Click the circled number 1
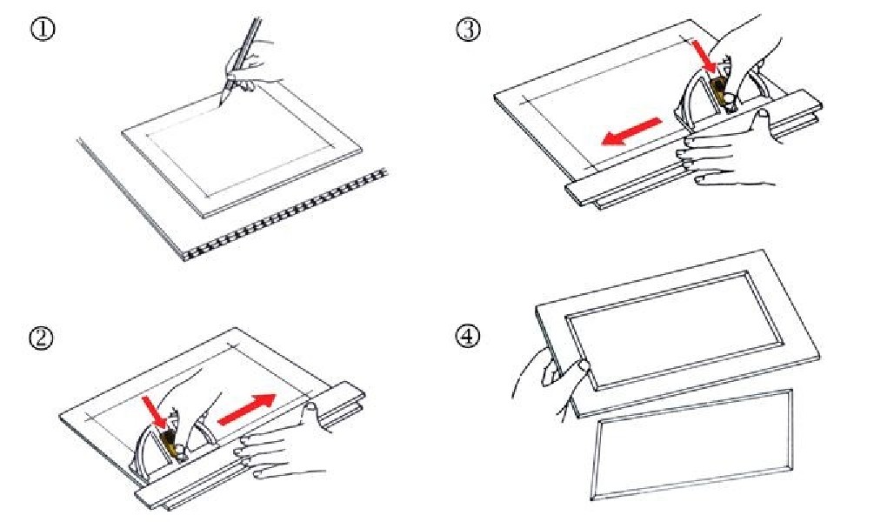[x=43, y=29]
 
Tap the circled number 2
[x=42, y=338]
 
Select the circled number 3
[x=468, y=29]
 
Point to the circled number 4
[x=468, y=336]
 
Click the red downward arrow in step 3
[x=705, y=56]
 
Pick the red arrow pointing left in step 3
[x=631, y=131]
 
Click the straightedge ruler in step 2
[x=250, y=446]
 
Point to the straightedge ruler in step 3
[x=694, y=148]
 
